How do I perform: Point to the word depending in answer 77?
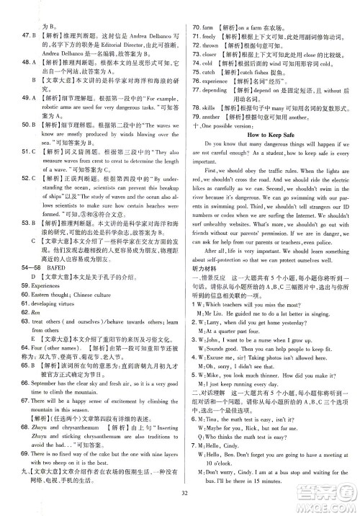[224, 92]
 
